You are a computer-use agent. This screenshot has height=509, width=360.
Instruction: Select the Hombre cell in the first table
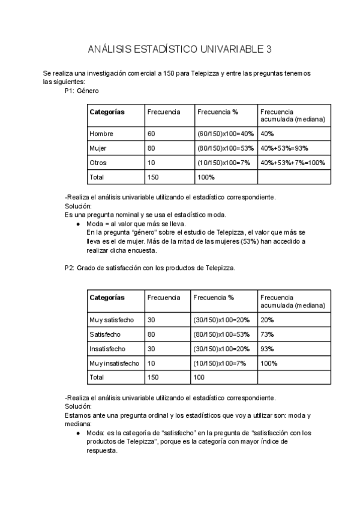[101, 133]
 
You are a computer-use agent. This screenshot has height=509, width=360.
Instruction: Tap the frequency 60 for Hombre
[151, 133]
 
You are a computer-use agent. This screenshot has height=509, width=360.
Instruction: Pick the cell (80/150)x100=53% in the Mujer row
[225, 148]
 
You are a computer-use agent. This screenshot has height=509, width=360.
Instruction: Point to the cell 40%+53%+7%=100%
[293, 163]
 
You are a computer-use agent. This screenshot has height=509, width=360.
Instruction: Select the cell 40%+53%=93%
[284, 148]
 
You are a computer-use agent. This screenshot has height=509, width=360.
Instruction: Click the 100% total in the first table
[206, 177]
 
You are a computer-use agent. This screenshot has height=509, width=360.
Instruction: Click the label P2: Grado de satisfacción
[149, 268]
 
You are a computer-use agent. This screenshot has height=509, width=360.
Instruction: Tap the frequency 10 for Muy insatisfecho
[151, 363]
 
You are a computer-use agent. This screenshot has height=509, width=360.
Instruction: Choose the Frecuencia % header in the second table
[214, 297]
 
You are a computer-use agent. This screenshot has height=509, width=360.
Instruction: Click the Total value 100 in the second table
[198, 378]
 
